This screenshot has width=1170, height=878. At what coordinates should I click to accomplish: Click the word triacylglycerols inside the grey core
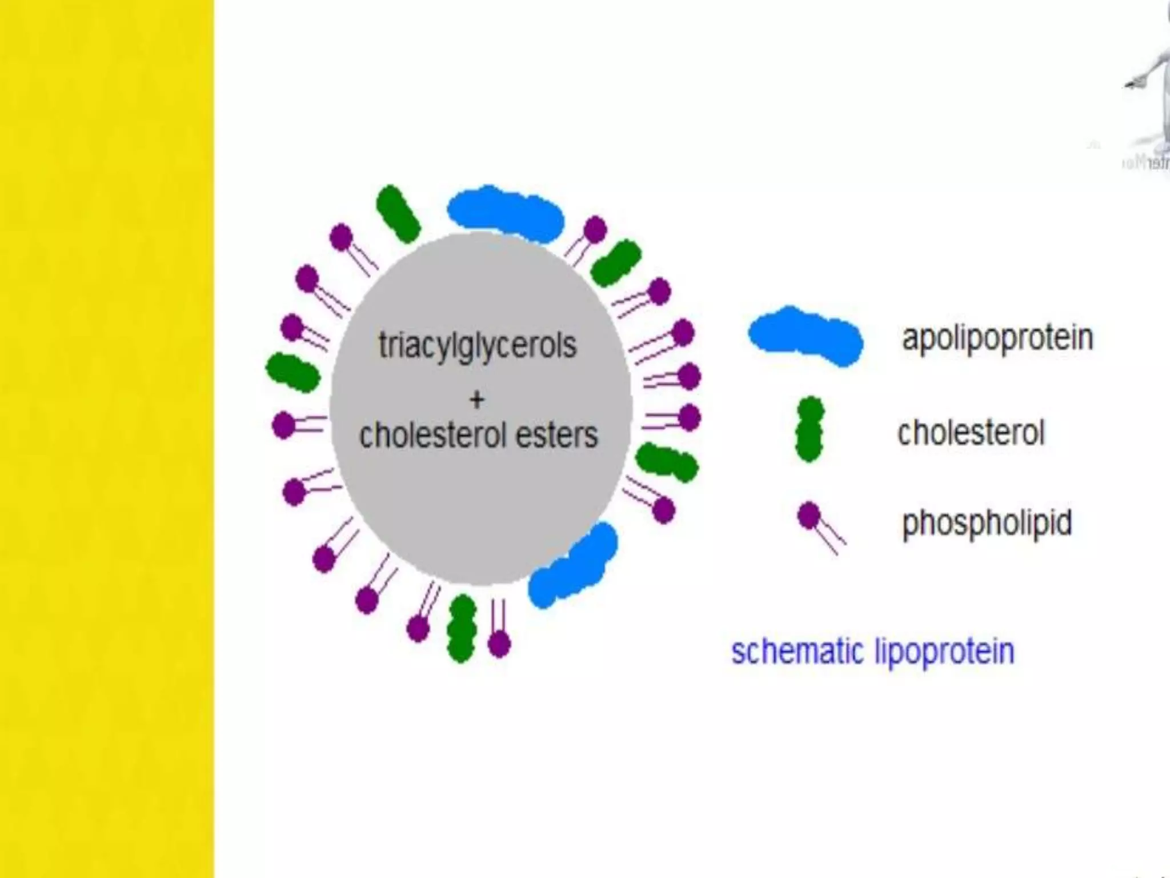tap(478, 345)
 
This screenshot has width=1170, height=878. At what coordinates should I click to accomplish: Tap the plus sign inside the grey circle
tap(477, 399)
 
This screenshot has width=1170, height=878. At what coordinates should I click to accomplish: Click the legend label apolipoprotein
tap(997, 338)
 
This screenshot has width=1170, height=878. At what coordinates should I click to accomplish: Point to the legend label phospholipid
tap(987, 522)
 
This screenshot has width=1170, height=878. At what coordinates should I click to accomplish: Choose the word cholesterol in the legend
tap(971, 433)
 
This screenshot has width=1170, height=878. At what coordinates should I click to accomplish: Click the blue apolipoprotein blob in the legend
tap(806, 336)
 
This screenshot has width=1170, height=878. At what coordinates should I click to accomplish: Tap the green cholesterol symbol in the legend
tap(809, 429)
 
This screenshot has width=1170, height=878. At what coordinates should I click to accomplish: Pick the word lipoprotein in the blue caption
tap(944, 652)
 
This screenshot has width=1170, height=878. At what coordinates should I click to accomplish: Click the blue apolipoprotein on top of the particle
tap(505, 212)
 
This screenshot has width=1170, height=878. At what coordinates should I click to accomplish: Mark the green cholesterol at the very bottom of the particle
tap(462, 628)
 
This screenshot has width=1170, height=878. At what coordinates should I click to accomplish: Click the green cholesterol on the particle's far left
tap(292, 373)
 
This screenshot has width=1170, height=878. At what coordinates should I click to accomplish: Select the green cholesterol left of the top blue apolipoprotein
tap(398, 213)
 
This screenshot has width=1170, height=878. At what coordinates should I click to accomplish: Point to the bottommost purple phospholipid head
tap(499, 644)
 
